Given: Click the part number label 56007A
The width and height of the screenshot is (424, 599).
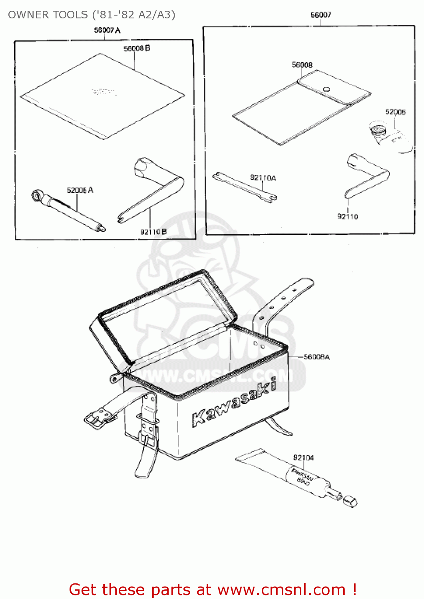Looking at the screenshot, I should pos(107,30).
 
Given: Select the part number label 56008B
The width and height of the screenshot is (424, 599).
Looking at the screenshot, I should pos(137,48).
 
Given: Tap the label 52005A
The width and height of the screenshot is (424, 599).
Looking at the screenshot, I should pos(80,190).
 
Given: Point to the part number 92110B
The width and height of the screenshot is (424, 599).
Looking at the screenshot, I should pos(153,232).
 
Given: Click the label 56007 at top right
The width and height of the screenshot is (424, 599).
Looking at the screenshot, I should pos(320,15).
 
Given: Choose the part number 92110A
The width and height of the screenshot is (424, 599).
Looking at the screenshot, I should pos(263,178).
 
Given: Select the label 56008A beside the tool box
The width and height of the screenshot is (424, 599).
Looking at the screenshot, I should pos(317,357).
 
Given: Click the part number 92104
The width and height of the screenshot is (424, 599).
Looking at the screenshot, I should pos(303,458).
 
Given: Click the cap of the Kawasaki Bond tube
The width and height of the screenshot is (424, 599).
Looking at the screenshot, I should pos(350,502).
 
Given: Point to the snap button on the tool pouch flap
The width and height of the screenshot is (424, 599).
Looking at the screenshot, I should pos(326,89).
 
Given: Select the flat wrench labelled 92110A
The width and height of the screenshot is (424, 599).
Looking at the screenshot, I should pos(244,186).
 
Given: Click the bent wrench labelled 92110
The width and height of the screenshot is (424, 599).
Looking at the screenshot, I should pos(366,176).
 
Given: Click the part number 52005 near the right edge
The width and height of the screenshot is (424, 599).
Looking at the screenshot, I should pos(395,112).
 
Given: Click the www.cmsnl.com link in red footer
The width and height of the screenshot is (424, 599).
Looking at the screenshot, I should pos(281,589).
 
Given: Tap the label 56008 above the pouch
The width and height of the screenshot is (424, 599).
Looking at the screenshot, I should pos(302,65).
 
